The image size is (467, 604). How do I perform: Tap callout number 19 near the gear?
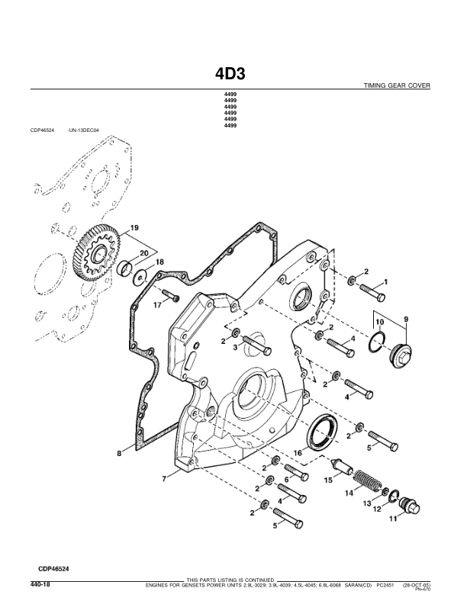[x=134, y=228]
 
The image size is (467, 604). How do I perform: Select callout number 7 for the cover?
[x=164, y=478]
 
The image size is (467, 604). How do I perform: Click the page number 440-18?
[x=40, y=585]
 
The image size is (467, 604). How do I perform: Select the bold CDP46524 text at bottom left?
[x=57, y=568]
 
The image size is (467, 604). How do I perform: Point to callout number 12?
[x=376, y=509]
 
